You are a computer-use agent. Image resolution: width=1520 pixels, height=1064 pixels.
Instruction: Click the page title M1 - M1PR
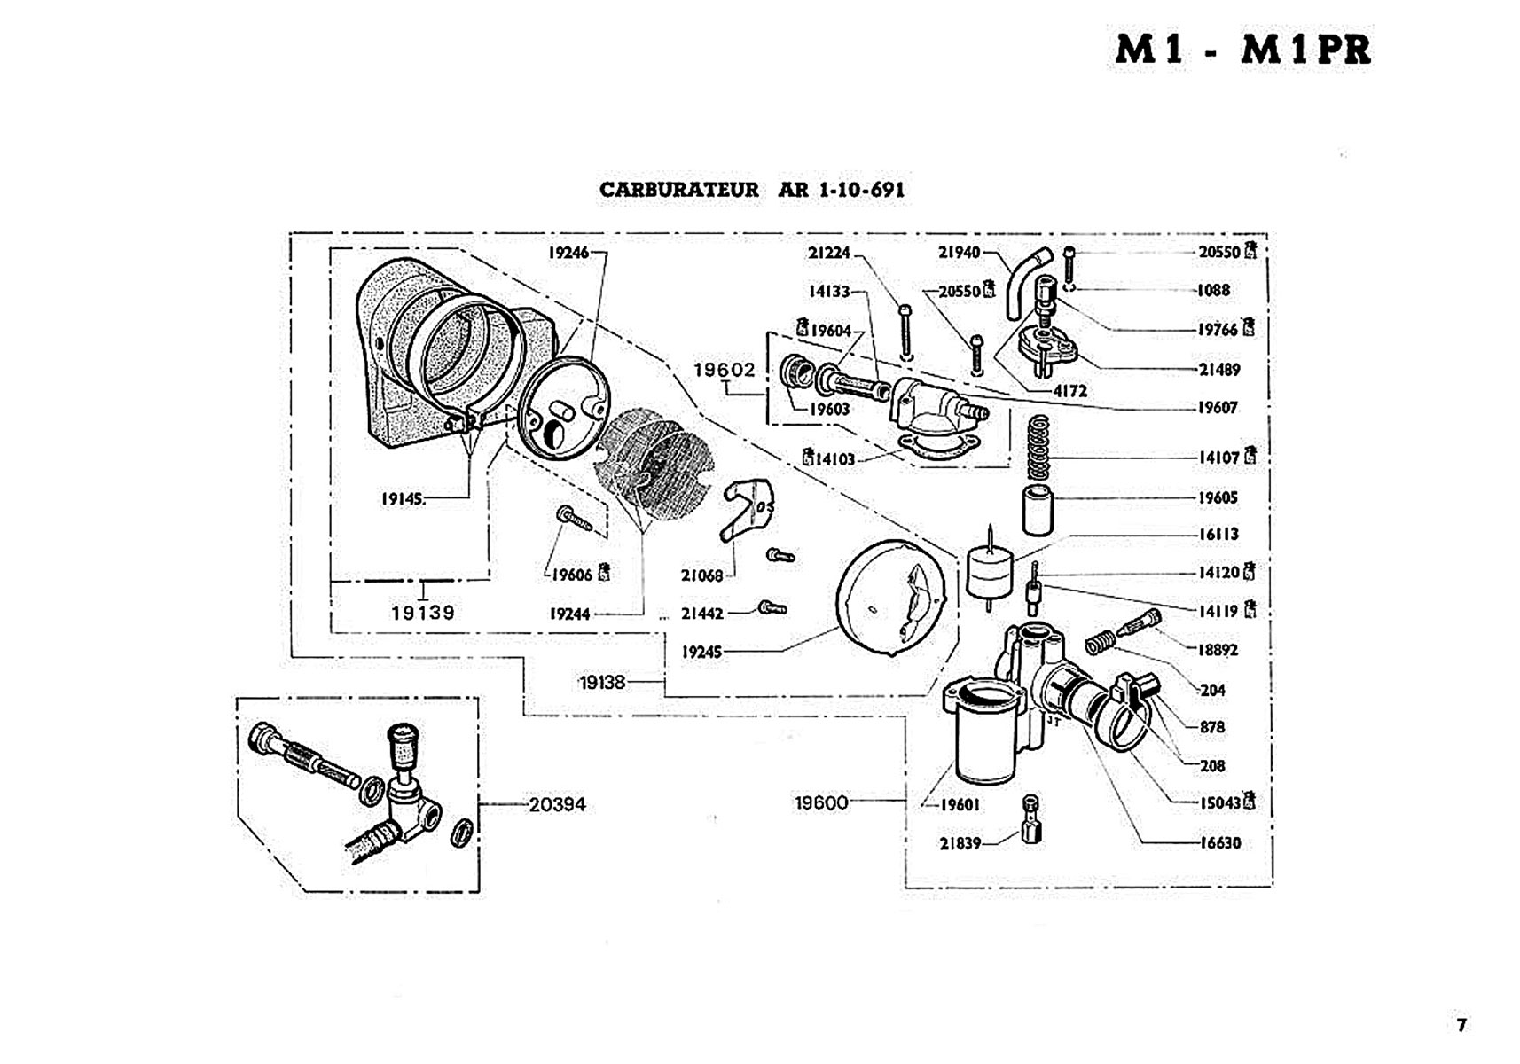[1242, 50]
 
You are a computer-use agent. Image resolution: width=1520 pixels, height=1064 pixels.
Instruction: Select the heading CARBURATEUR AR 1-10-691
[752, 190]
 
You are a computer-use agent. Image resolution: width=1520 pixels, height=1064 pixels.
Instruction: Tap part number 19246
[568, 253]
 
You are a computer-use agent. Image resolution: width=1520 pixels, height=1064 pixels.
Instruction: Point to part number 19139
[423, 613]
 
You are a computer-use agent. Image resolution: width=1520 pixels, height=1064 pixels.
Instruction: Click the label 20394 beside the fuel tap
[557, 805]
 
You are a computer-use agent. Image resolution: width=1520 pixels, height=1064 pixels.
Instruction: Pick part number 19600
[821, 803]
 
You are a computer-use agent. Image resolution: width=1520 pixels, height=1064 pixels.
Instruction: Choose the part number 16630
[1219, 843]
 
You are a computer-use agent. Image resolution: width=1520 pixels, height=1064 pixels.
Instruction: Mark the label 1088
[1213, 290]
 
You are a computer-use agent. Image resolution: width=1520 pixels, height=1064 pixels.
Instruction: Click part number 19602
[725, 370]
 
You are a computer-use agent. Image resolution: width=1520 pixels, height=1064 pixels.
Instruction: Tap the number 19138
[602, 683]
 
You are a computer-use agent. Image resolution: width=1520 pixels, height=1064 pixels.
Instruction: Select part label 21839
[960, 843]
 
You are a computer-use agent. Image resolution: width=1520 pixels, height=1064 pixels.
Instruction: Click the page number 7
[1461, 1025]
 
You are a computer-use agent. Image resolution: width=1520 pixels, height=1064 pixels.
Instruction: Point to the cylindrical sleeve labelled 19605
[1038, 510]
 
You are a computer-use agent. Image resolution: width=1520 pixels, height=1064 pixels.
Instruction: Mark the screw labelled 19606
[574, 517]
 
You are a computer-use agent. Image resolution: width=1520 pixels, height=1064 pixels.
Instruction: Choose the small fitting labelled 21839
[1030, 821]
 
